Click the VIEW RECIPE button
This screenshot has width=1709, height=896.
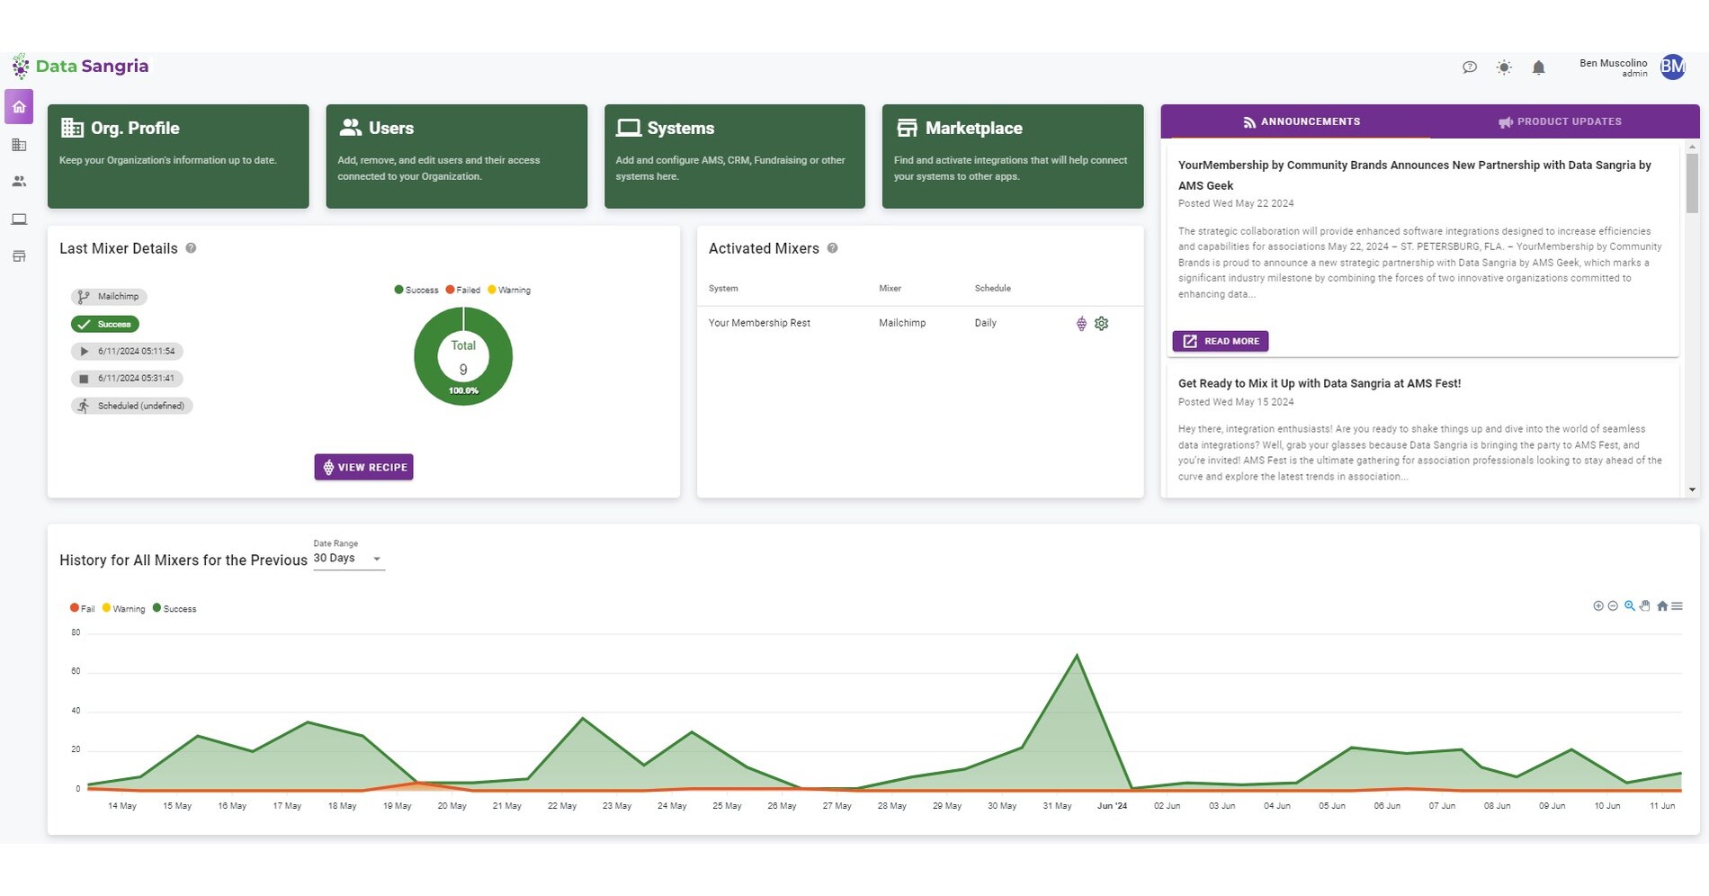pos(363,467)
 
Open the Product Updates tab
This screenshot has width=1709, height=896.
pos(1561,121)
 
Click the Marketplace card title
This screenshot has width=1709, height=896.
pos(973,129)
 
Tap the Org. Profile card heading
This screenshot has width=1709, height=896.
pos(135,129)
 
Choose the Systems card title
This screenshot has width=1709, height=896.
pos(680,129)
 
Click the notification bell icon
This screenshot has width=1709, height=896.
pos(1538,67)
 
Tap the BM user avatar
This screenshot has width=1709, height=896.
pos(1672,67)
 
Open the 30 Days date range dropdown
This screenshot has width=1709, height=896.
pos(348,559)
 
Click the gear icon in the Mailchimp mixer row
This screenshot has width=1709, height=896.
pos(1101,323)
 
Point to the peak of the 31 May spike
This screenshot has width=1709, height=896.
pos(1077,656)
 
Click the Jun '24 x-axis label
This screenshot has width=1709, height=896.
pos(1112,806)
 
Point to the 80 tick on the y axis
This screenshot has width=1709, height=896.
pos(76,632)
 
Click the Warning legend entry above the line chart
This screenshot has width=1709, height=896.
pos(124,609)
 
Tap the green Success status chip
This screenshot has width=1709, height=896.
pos(105,324)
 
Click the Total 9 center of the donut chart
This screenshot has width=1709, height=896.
pos(463,357)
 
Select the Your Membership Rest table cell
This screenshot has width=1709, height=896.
pos(759,323)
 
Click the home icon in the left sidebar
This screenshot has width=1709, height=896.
pos(19,107)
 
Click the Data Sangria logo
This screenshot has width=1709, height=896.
pos(81,67)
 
